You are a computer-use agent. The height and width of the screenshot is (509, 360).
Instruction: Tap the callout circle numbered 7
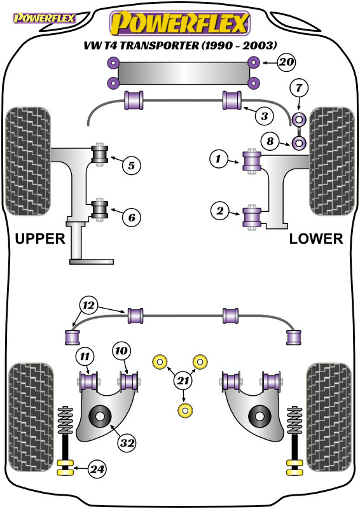[299, 87]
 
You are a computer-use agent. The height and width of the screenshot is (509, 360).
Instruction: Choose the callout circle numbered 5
[130, 166]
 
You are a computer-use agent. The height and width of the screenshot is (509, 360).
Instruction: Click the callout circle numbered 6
[130, 218]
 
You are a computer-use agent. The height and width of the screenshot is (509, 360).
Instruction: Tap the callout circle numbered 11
[84, 354]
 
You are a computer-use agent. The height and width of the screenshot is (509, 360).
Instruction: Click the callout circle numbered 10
[121, 349]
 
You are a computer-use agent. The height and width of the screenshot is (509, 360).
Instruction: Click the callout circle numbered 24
[97, 470]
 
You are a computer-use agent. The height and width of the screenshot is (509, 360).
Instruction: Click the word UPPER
[39, 239]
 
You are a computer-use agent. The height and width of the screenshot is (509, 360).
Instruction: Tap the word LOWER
[316, 239]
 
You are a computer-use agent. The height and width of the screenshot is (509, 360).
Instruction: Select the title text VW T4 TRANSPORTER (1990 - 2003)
[179, 45]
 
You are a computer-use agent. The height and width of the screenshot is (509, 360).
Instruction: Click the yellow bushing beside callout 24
[64, 470]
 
